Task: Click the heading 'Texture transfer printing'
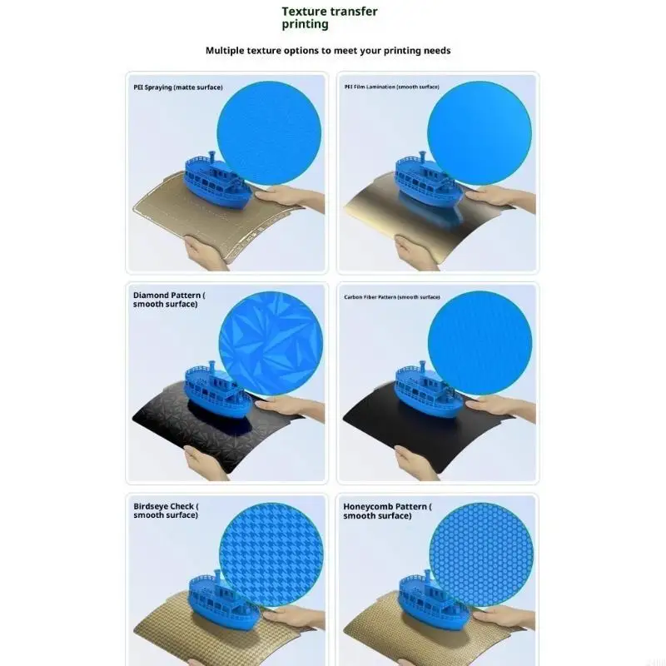click(x=329, y=17)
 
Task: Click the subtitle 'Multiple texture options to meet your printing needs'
click(x=328, y=51)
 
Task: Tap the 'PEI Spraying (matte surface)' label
click(x=177, y=87)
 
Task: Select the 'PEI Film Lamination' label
click(x=392, y=87)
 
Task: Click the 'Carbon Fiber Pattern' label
click(x=392, y=297)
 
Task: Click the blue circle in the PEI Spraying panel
click(x=269, y=132)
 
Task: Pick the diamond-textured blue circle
click(x=271, y=343)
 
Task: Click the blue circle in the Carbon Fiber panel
click(x=480, y=343)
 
